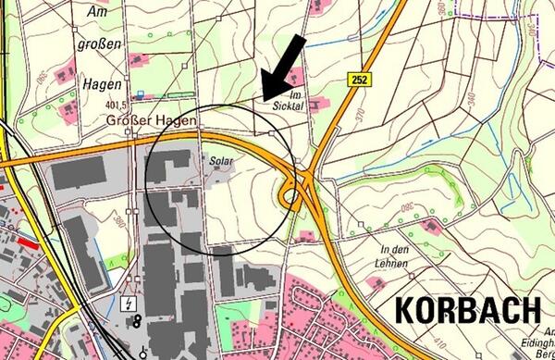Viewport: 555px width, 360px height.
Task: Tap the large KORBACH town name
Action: (469, 310)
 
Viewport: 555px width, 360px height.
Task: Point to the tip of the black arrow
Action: (263, 97)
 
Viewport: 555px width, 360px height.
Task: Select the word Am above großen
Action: (97, 13)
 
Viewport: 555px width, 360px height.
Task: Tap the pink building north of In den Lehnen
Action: (430, 225)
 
